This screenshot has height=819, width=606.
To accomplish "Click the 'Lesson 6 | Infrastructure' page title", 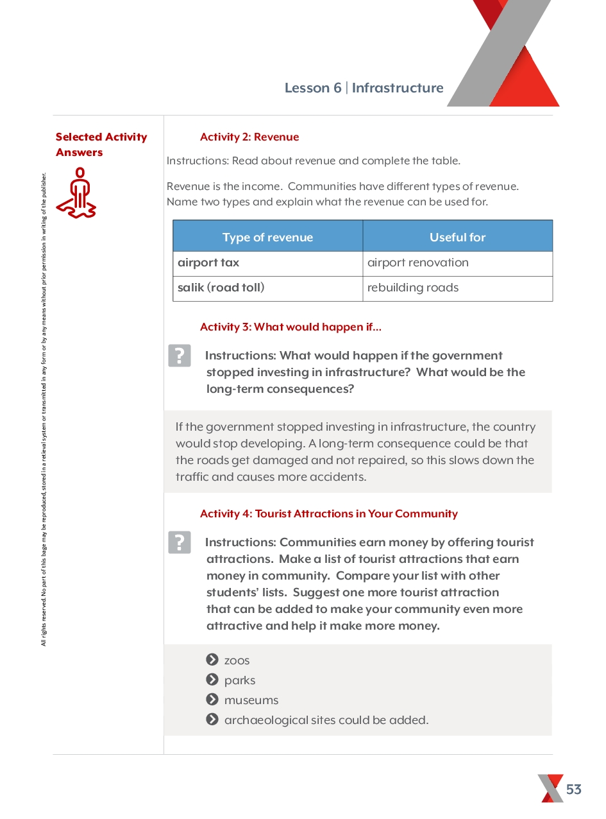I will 364,88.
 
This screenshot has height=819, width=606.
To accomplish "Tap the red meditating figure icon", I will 76,193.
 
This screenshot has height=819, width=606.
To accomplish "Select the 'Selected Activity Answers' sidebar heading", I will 101,144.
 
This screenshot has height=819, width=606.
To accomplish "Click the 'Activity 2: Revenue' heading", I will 249,137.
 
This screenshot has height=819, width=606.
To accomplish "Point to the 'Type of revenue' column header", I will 267,237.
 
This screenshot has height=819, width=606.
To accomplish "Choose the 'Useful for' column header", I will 457,237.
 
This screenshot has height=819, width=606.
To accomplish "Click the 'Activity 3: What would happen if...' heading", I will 290,327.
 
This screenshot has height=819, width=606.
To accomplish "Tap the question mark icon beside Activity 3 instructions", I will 180,356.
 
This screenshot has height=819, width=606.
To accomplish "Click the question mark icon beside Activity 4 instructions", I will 180,542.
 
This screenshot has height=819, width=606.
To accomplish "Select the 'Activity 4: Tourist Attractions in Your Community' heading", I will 328,513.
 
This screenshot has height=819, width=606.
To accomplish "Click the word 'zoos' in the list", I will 237,660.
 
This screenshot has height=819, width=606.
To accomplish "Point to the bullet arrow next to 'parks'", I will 212,680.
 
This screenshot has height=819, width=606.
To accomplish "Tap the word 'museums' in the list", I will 251,700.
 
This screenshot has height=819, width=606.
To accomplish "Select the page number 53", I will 574,789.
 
